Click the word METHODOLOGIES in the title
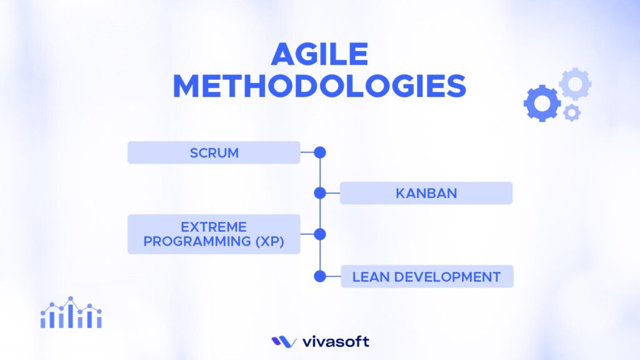[319, 87]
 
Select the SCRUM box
[214, 152]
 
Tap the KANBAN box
[426, 193]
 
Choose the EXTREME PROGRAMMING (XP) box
[214, 234]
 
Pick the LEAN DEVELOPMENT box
[426, 276]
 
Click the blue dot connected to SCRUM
[320, 152]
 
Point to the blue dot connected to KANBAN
[320, 193]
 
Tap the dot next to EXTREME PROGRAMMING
[320, 234]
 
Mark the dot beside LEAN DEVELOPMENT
[320, 276]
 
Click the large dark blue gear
[541, 102]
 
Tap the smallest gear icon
[571, 113]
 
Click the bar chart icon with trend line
[71, 313]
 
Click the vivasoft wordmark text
[336, 342]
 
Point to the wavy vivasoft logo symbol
[284, 342]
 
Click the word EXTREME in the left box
[214, 227]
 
